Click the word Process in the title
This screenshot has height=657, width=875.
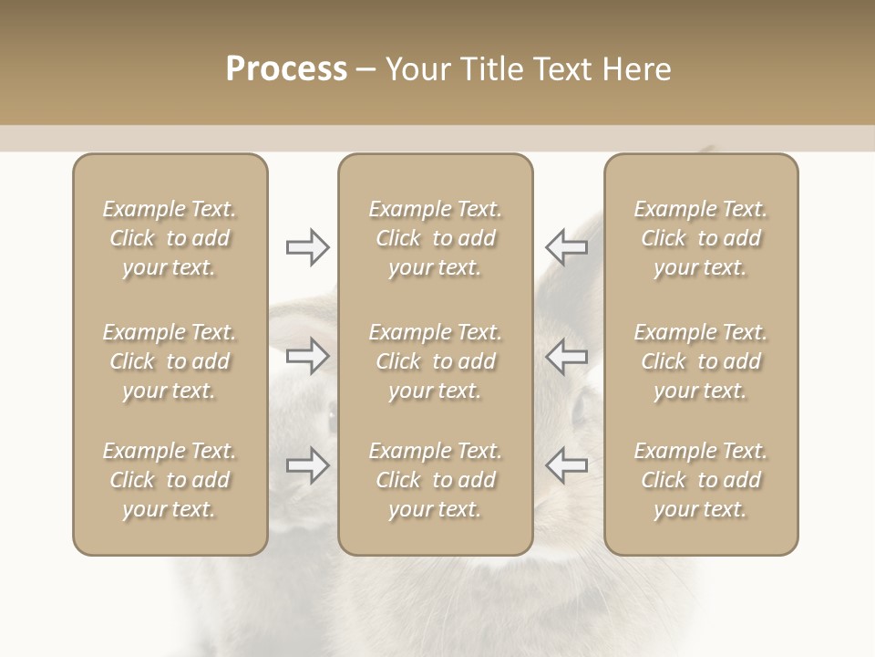[286, 69]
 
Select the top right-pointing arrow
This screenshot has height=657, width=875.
[307, 247]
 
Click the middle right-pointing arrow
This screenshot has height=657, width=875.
[307, 356]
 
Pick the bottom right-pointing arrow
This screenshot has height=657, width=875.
[307, 465]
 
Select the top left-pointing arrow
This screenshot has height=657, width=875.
[567, 247]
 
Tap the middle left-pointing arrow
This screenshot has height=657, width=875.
[567, 356]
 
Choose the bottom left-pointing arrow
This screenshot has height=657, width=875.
[567, 465]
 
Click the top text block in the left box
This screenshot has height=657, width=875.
[170, 238]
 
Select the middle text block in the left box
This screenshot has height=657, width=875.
[170, 361]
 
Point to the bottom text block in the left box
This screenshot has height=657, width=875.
[170, 480]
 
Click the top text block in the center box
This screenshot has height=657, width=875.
[435, 238]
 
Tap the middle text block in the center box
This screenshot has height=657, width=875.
[435, 361]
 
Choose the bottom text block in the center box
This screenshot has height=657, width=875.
[435, 480]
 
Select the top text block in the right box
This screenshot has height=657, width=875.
[701, 238]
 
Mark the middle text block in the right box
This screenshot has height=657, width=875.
[701, 361]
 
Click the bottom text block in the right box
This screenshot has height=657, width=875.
[701, 480]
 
